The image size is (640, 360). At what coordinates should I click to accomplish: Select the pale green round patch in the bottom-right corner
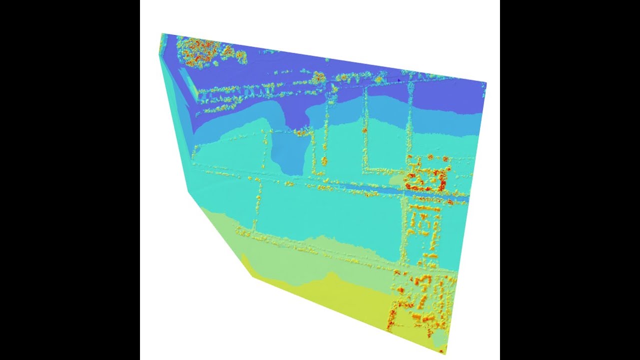438,339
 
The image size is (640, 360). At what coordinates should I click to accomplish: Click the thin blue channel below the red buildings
380,189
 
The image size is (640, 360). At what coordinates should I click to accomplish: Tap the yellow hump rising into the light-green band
330,276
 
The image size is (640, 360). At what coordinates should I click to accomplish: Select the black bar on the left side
70,180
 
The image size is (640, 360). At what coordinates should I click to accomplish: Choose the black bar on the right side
570,180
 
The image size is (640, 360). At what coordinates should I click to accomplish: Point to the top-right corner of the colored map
486,82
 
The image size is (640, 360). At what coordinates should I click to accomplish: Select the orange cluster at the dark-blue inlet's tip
301,132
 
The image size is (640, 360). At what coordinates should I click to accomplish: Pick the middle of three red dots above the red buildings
430,158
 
